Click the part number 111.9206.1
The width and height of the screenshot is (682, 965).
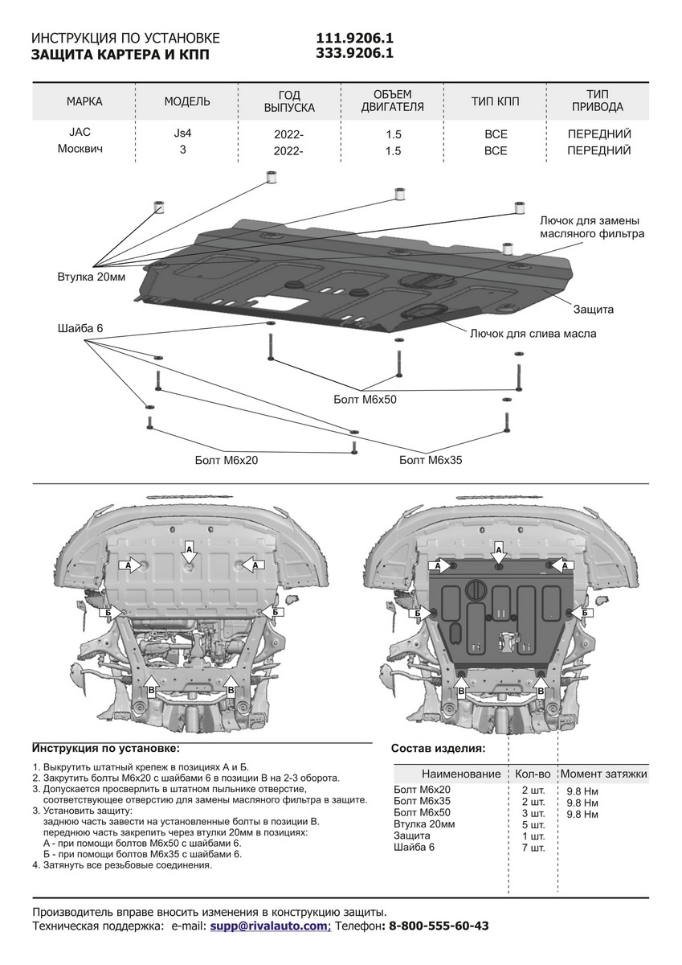point(354,39)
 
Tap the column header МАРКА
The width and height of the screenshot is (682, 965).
point(84,101)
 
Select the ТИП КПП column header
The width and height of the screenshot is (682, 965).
point(496,101)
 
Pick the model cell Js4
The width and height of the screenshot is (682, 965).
point(182,133)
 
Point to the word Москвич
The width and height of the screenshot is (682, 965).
point(80,150)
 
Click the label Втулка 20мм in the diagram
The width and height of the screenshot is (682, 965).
point(91,277)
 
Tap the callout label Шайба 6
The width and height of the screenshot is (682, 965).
point(80,329)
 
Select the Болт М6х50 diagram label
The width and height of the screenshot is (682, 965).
point(366,398)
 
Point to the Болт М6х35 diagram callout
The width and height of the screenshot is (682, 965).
point(431,460)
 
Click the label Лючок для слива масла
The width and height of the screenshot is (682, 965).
point(533,332)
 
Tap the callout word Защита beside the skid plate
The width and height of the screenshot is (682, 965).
point(594,309)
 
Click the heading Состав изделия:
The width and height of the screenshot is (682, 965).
point(438,748)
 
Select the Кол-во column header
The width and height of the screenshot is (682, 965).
point(533,774)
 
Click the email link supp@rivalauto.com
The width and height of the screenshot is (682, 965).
point(269,926)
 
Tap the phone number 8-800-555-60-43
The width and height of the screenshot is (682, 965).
point(438,926)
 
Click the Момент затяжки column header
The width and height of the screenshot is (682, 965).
point(605,774)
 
